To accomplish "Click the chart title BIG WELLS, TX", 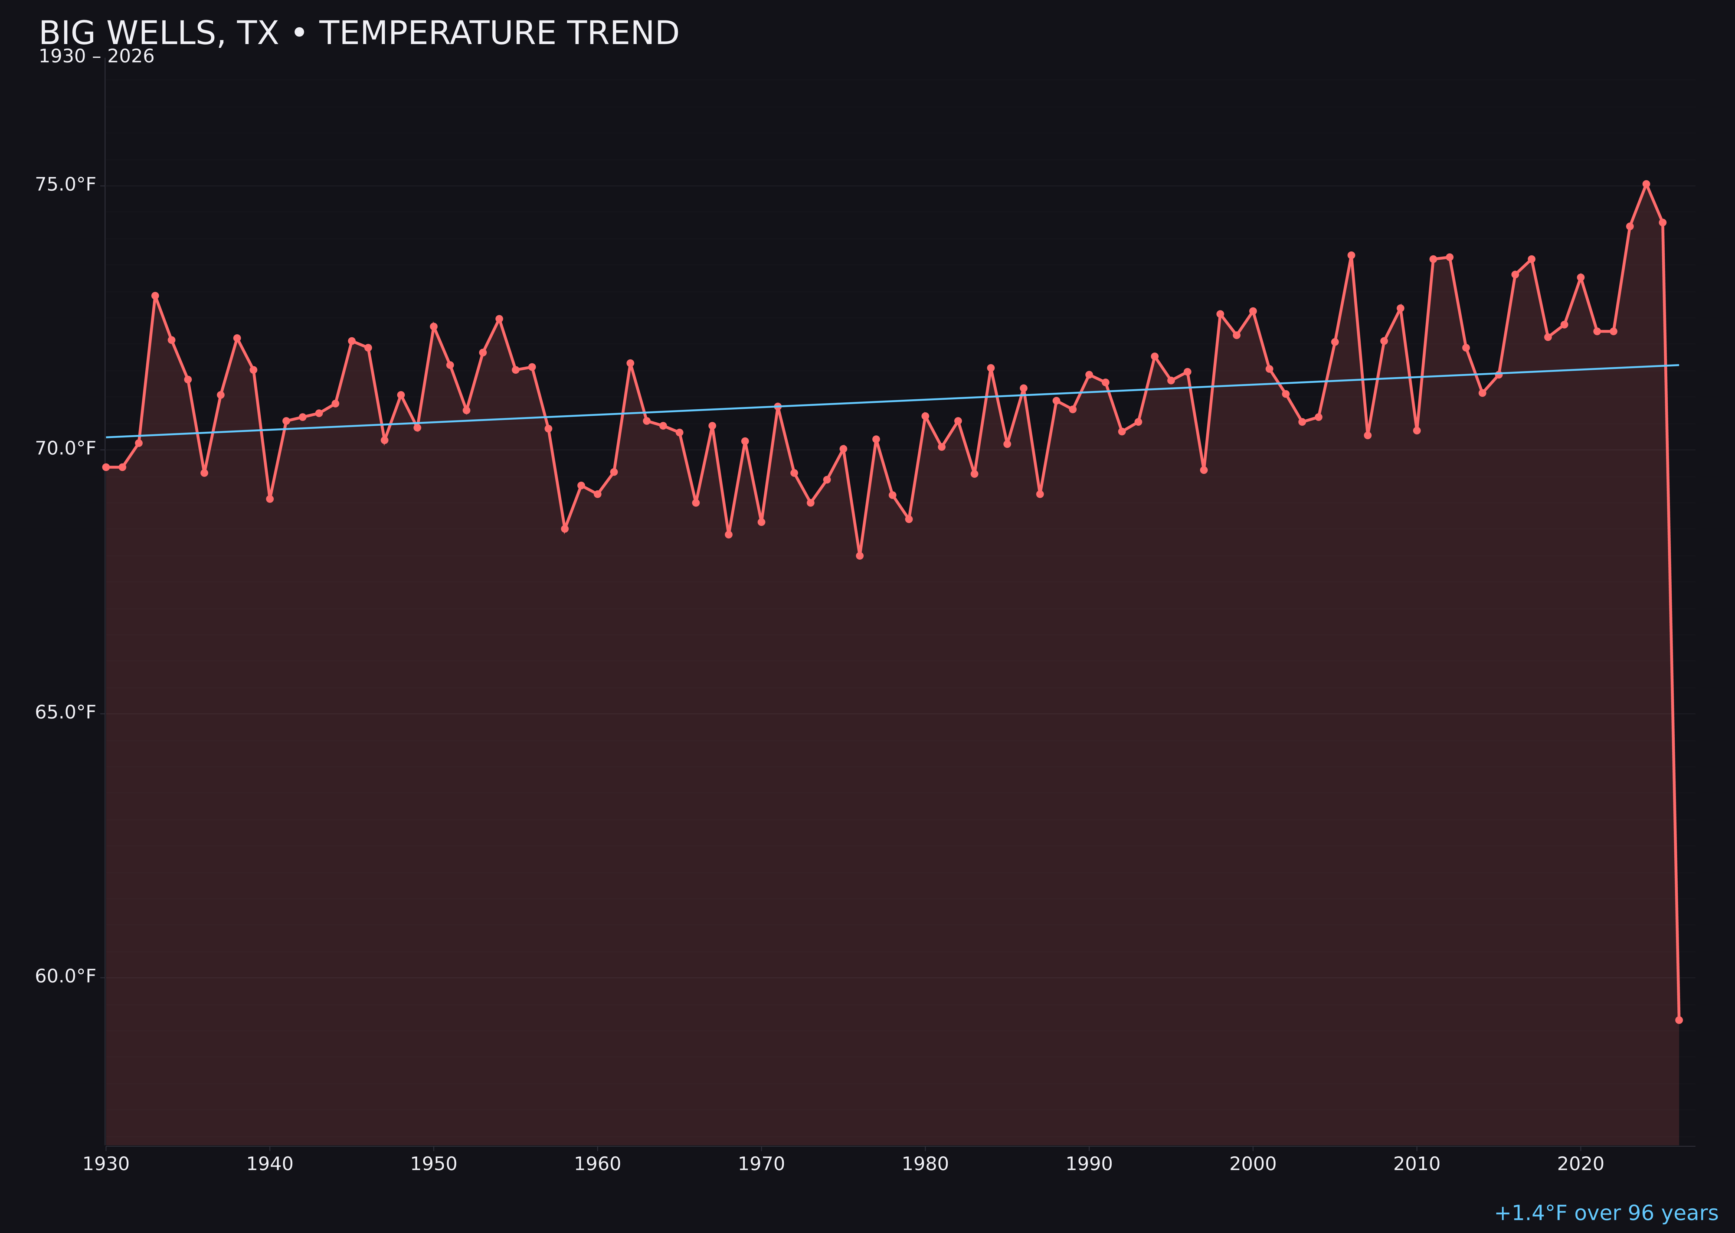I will point(359,33).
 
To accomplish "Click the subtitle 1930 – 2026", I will point(96,57).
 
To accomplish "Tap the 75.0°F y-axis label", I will point(65,185).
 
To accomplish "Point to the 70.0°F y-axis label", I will point(65,449).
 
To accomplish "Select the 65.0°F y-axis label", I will point(65,712).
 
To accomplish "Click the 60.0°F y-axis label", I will point(65,975).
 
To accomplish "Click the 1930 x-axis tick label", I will point(106,1164).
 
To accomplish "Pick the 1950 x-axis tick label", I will point(434,1164).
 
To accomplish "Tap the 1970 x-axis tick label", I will point(761,1164).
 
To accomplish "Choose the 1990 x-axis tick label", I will point(1089,1164).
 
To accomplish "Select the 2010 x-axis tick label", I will point(1417,1164).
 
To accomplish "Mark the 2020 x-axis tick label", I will point(1580,1164).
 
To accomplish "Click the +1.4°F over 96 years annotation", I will point(1606,1213).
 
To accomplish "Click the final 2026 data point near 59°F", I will point(1679,1020).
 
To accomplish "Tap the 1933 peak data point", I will point(155,296).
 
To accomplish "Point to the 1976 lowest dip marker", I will point(860,556).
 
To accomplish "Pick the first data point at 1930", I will point(106,467).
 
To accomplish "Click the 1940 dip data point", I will point(270,499).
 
